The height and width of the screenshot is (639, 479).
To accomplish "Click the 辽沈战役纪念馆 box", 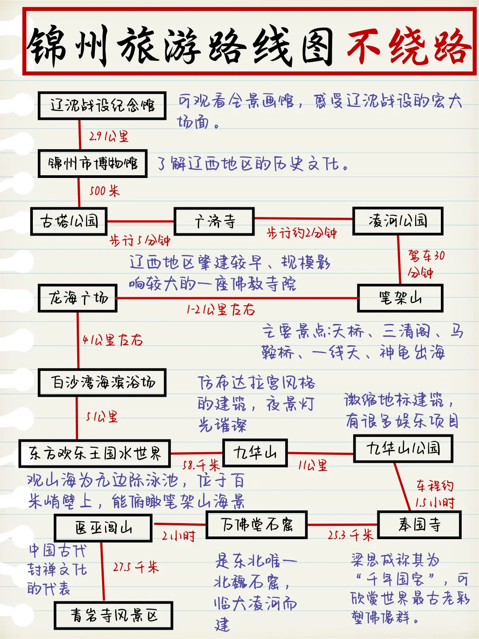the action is (x=102, y=106).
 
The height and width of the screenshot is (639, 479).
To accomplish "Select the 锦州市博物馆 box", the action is (x=93, y=164).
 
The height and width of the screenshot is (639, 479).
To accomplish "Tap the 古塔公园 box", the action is (x=69, y=221).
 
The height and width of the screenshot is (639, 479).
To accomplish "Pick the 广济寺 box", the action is (x=214, y=221).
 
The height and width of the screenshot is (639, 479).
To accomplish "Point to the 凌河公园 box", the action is (x=398, y=221).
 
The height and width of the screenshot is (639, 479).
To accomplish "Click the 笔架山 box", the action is (x=400, y=298).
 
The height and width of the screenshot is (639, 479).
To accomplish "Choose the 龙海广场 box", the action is (x=78, y=298).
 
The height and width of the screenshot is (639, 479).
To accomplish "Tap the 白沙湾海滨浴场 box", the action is (x=102, y=382).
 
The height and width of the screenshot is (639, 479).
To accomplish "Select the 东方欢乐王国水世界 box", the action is (x=94, y=454).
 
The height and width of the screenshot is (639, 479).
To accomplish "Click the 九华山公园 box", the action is (x=403, y=449).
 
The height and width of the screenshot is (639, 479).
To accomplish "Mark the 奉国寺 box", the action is (x=419, y=525).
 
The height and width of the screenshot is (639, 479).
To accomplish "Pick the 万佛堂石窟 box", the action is (x=256, y=525).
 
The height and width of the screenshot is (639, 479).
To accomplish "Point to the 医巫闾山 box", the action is (x=103, y=528).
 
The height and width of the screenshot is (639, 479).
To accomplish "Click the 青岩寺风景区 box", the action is (x=114, y=615).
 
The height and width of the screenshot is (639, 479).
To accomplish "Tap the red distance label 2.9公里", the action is (x=109, y=136).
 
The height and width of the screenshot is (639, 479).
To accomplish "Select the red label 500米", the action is (x=104, y=191).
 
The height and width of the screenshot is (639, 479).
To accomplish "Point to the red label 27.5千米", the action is (x=136, y=567).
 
